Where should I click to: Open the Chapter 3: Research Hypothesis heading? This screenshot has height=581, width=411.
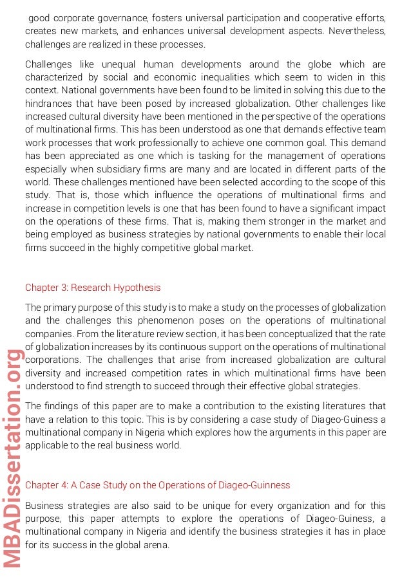93,288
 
